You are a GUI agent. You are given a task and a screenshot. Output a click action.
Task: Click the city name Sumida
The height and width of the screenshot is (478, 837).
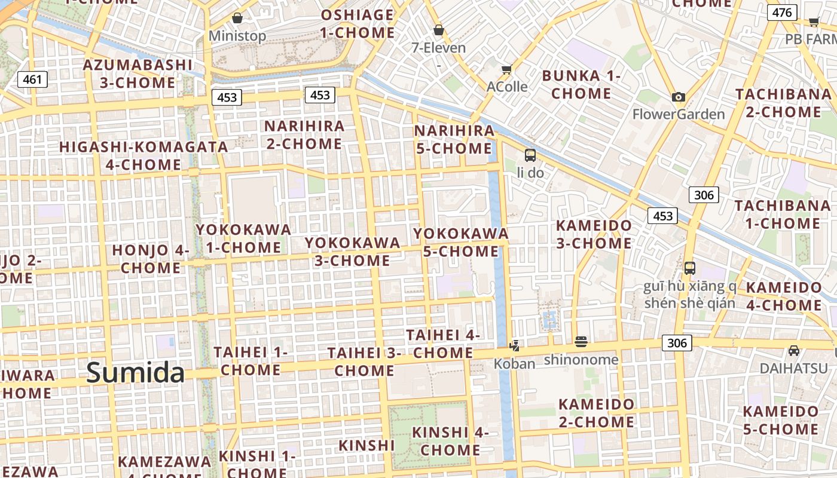click(135, 373)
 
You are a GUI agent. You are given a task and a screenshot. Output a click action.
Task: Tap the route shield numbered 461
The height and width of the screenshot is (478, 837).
click(32, 79)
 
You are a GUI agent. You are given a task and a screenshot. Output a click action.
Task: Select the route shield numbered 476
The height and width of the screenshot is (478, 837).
click(782, 12)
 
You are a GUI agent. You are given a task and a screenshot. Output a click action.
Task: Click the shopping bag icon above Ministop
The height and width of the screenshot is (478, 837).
click(237, 18)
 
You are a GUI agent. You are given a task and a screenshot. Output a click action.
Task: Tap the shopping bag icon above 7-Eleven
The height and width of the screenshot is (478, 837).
click(439, 29)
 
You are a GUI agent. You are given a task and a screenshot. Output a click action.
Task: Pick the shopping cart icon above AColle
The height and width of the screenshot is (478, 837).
click(507, 69)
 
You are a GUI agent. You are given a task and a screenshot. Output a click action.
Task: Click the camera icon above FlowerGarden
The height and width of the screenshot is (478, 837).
click(678, 97)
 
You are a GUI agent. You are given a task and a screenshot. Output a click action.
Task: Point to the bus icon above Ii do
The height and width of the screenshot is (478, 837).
click(530, 155)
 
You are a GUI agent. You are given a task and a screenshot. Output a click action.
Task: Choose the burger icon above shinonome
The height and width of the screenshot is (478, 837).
click(581, 342)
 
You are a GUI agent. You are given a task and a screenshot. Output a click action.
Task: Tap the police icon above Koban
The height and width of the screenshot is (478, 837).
click(514, 345)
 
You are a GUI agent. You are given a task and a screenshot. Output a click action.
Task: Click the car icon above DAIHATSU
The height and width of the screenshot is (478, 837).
click(793, 350)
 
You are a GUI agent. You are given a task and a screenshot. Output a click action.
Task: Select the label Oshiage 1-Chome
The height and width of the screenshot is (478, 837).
click(358, 24)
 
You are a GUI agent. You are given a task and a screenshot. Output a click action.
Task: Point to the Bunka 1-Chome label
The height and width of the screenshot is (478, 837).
click(581, 85)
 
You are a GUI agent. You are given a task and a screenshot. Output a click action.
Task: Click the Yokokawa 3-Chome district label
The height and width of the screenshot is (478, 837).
click(353, 252)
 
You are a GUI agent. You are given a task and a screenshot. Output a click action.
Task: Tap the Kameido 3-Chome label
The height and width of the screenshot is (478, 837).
click(594, 234)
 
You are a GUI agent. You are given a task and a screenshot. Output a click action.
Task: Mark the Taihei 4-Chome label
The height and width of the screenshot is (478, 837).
click(443, 344)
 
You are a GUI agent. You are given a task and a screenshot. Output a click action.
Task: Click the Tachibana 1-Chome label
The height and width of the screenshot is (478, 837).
click(782, 215)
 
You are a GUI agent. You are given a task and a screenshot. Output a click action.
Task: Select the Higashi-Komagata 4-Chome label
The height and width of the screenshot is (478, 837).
click(143, 155)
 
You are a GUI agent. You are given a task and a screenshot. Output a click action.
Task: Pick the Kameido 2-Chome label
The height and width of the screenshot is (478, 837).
click(596, 413)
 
